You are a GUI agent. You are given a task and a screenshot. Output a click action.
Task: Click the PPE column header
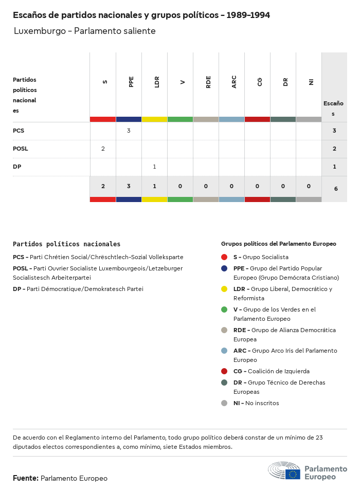[131, 82]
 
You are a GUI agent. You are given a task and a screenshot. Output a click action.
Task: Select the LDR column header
[157, 82]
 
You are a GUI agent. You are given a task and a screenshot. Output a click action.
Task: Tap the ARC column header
[234, 82]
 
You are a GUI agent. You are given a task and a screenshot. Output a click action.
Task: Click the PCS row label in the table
[19, 131]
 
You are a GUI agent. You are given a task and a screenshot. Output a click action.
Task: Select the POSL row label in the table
[21, 149]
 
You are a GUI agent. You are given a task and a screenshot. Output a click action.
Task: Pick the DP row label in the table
[17, 167]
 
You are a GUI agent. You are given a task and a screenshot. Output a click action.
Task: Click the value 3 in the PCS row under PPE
[129, 131]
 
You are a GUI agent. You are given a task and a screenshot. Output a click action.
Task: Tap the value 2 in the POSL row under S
[103, 149]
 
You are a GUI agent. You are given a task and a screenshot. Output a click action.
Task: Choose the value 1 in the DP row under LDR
[154, 167]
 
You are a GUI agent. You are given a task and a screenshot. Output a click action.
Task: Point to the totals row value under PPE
[129, 186]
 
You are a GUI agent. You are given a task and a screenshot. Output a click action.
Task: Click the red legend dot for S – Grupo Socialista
[224, 257]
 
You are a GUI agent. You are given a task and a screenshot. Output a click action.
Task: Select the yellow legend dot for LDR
[224, 289]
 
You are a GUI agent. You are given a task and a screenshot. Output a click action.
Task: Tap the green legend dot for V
[224, 310]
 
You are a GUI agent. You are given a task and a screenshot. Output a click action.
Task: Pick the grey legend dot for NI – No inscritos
[224, 403]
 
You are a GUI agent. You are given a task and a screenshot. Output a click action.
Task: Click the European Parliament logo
[308, 471]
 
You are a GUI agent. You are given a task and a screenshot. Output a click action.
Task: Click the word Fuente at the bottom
[25, 478]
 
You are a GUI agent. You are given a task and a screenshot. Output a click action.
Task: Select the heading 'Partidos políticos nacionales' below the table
[66, 244]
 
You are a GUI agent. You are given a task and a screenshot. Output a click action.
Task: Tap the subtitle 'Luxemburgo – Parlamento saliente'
[84, 31]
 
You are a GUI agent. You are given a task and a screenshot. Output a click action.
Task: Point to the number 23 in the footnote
[319, 438]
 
